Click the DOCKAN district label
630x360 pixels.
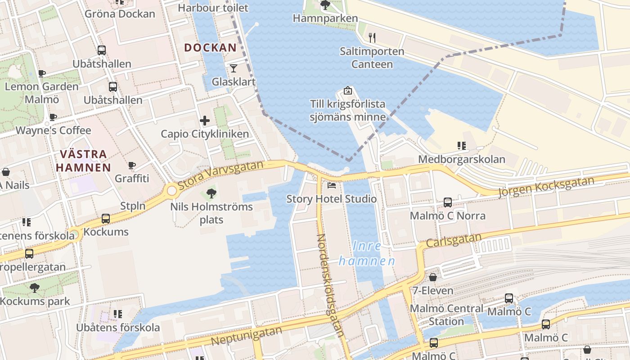(x=210, y=47)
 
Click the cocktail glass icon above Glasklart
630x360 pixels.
(x=233, y=68)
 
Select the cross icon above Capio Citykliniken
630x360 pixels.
(x=205, y=120)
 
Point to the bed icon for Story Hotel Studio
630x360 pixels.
(x=332, y=185)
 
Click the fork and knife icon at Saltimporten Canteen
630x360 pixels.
(x=372, y=37)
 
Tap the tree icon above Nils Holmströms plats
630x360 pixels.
(x=211, y=193)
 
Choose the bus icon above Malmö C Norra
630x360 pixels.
(x=448, y=202)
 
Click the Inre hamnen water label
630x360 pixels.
(x=367, y=253)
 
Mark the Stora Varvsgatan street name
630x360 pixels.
(x=220, y=175)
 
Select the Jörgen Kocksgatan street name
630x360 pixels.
(x=546, y=186)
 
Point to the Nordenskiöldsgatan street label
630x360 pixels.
(x=331, y=285)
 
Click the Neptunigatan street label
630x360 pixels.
(x=246, y=336)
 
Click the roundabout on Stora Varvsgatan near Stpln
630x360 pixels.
(x=172, y=190)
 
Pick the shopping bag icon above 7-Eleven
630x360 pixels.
(x=432, y=277)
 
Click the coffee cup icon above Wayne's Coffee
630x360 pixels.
(x=53, y=117)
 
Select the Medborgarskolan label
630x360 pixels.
(x=462, y=159)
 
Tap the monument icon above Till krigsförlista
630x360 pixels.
(x=347, y=90)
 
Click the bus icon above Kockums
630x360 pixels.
(x=106, y=219)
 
